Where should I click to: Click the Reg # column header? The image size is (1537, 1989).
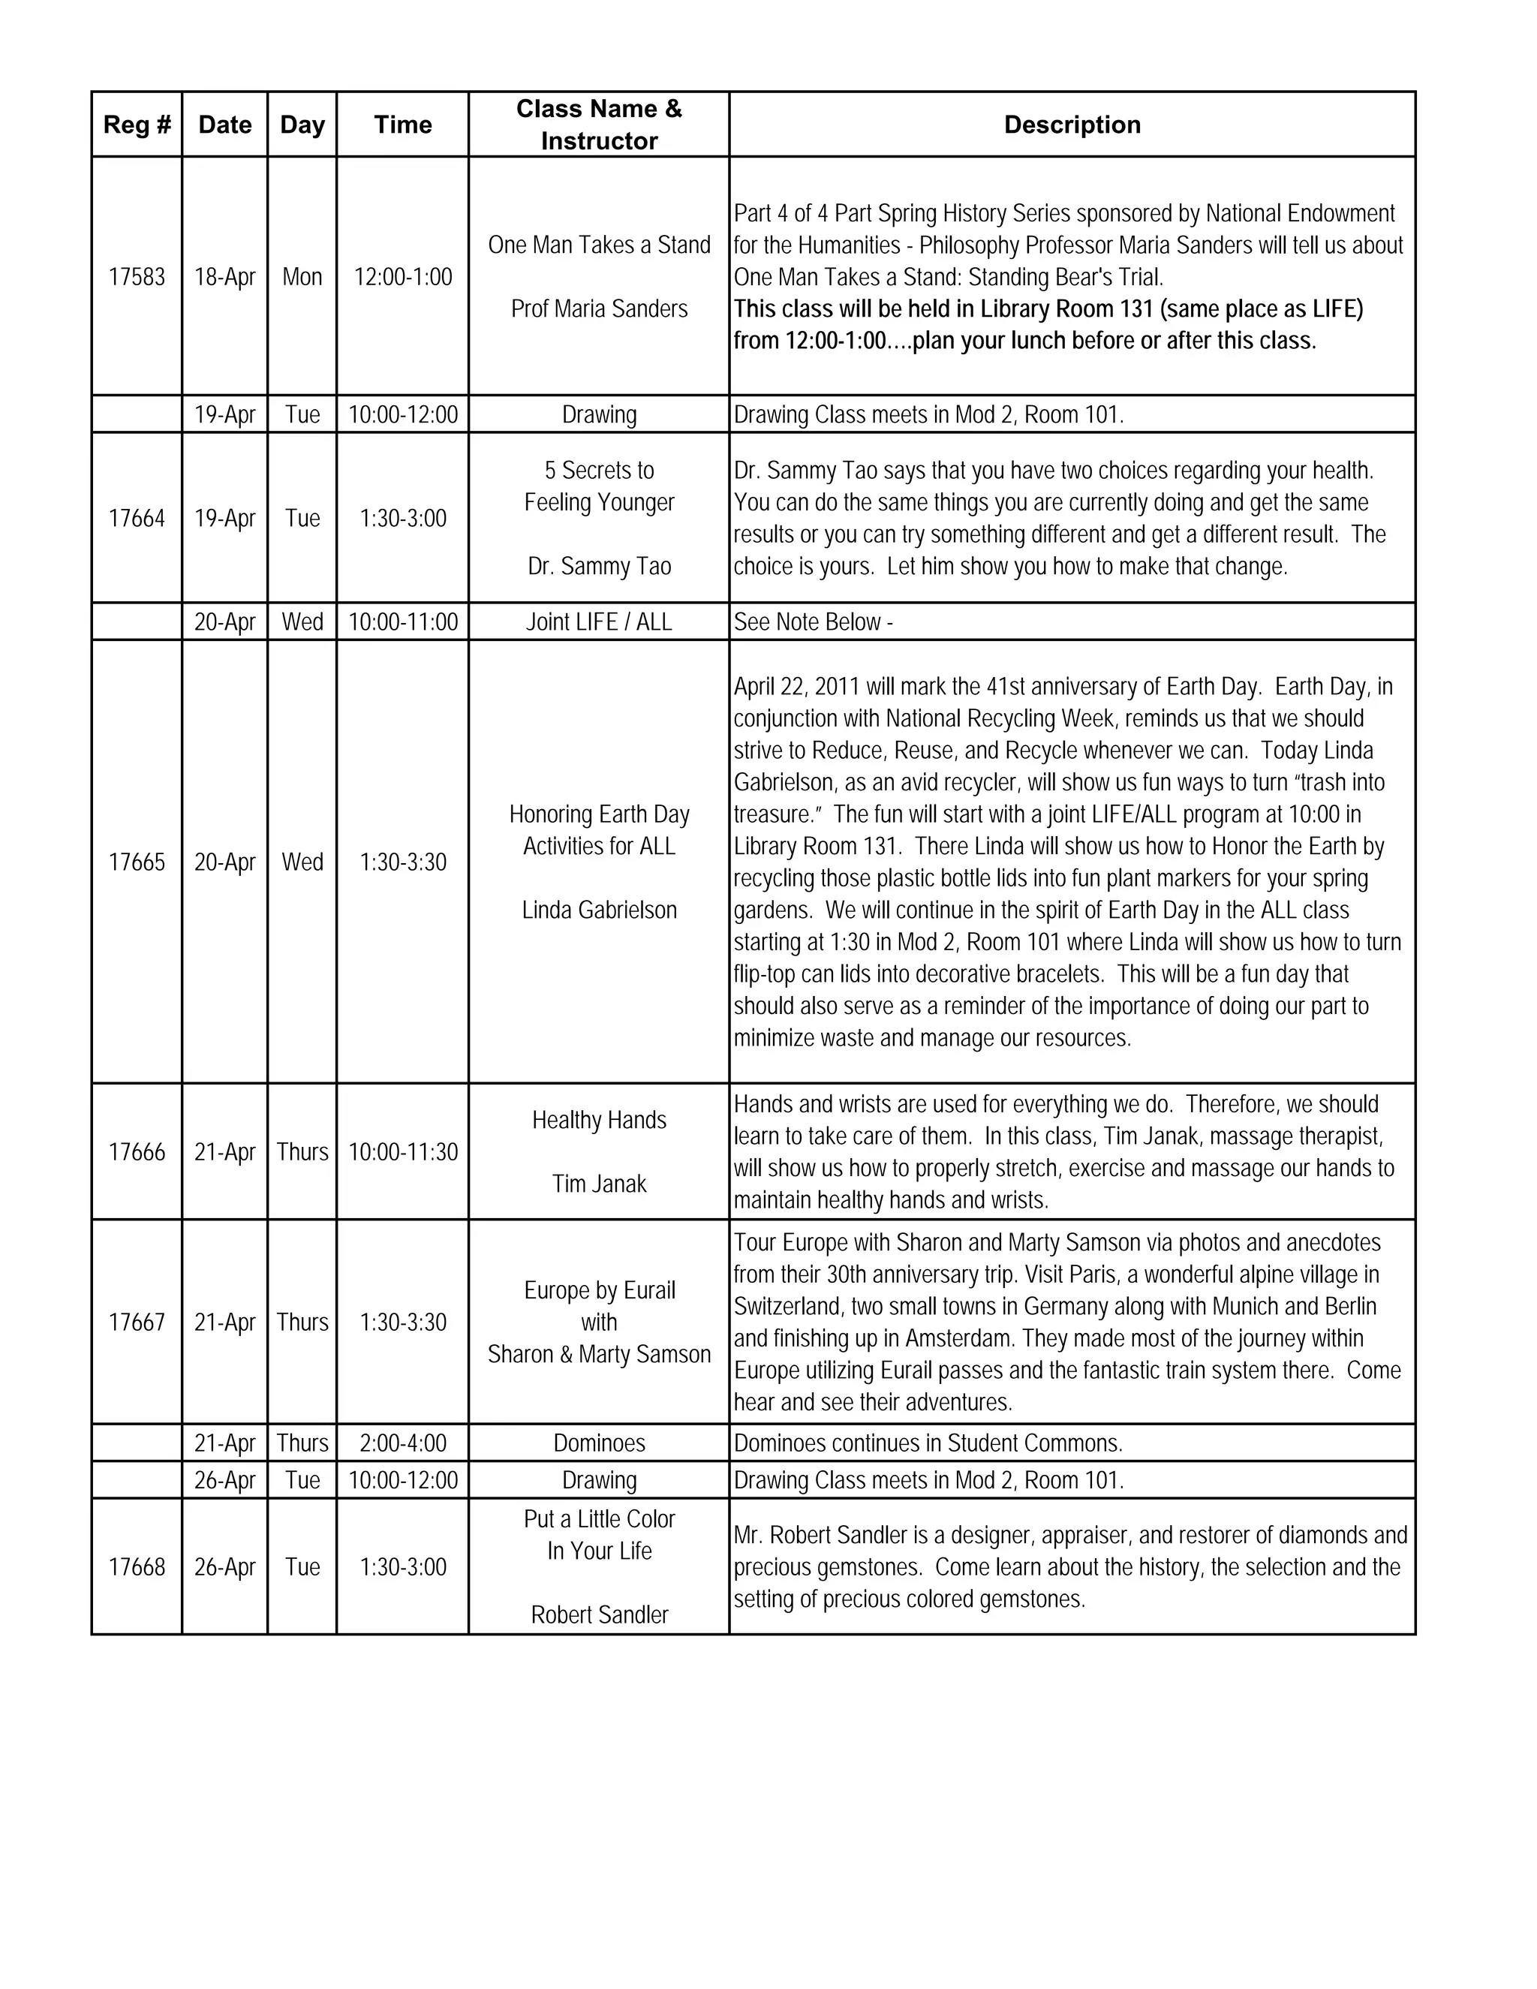pos(137,125)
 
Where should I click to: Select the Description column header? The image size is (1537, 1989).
pos(1072,125)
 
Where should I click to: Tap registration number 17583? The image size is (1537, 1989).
pos(137,277)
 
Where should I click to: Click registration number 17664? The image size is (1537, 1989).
pos(137,518)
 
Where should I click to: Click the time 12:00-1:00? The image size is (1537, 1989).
pos(402,277)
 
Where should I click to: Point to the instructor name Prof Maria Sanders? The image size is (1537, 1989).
pos(599,308)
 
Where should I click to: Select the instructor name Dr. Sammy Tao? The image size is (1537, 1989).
pos(599,567)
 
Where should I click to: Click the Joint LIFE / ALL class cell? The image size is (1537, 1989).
pos(599,622)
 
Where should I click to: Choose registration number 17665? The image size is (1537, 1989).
pos(137,862)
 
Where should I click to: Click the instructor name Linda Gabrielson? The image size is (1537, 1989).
pos(599,910)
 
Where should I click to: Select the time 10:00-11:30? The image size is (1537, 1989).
pos(402,1152)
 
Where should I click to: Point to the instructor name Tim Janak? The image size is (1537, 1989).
pos(599,1184)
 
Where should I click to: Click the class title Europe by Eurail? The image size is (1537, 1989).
pos(599,1290)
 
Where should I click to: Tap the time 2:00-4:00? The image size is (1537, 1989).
pos(402,1443)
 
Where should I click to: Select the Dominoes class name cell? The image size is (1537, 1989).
pos(599,1443)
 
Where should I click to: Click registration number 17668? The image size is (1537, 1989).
pos(137,1566)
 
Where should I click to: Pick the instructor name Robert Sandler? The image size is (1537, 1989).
pos(599,1614)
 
